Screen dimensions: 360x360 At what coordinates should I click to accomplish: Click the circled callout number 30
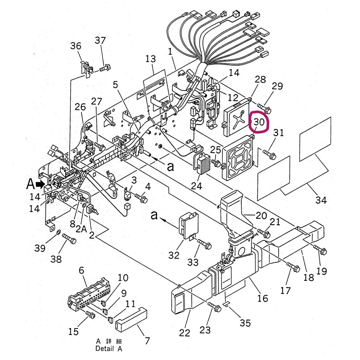[x=259, y=121]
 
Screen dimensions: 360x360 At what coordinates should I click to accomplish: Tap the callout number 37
[x=100, y=40]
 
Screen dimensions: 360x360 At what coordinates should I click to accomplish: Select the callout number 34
[x=321, y=200]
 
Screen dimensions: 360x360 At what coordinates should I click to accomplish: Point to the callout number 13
[x=151, y=59]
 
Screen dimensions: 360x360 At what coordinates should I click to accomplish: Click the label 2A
[x=81, y=229]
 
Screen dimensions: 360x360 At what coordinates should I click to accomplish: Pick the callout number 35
[x=245, y=323]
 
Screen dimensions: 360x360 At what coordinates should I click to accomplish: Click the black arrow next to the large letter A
[x=40, y=184]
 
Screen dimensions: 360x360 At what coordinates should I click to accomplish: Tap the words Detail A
[x=109, y=348]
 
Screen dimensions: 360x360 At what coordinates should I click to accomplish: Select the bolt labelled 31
[x=269, y=154]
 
